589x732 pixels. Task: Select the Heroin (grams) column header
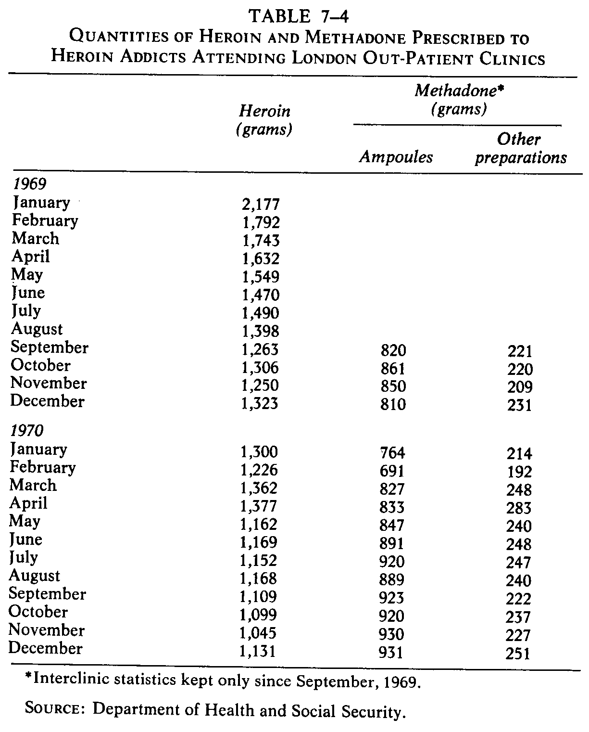point(264,120)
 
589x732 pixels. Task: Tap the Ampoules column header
point(396,157)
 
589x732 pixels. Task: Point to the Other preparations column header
point(521,148)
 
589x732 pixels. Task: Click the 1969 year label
point(28,184)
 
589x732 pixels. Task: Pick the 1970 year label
point(27,430)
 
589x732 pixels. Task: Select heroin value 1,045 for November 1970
point(259,633)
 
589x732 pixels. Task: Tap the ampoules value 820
point(392,350)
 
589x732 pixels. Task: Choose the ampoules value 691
point(391,471)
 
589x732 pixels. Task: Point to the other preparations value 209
point(519,387)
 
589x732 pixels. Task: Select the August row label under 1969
point(37,329)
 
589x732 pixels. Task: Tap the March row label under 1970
point(33,485)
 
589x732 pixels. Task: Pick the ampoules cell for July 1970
point(391,561)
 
